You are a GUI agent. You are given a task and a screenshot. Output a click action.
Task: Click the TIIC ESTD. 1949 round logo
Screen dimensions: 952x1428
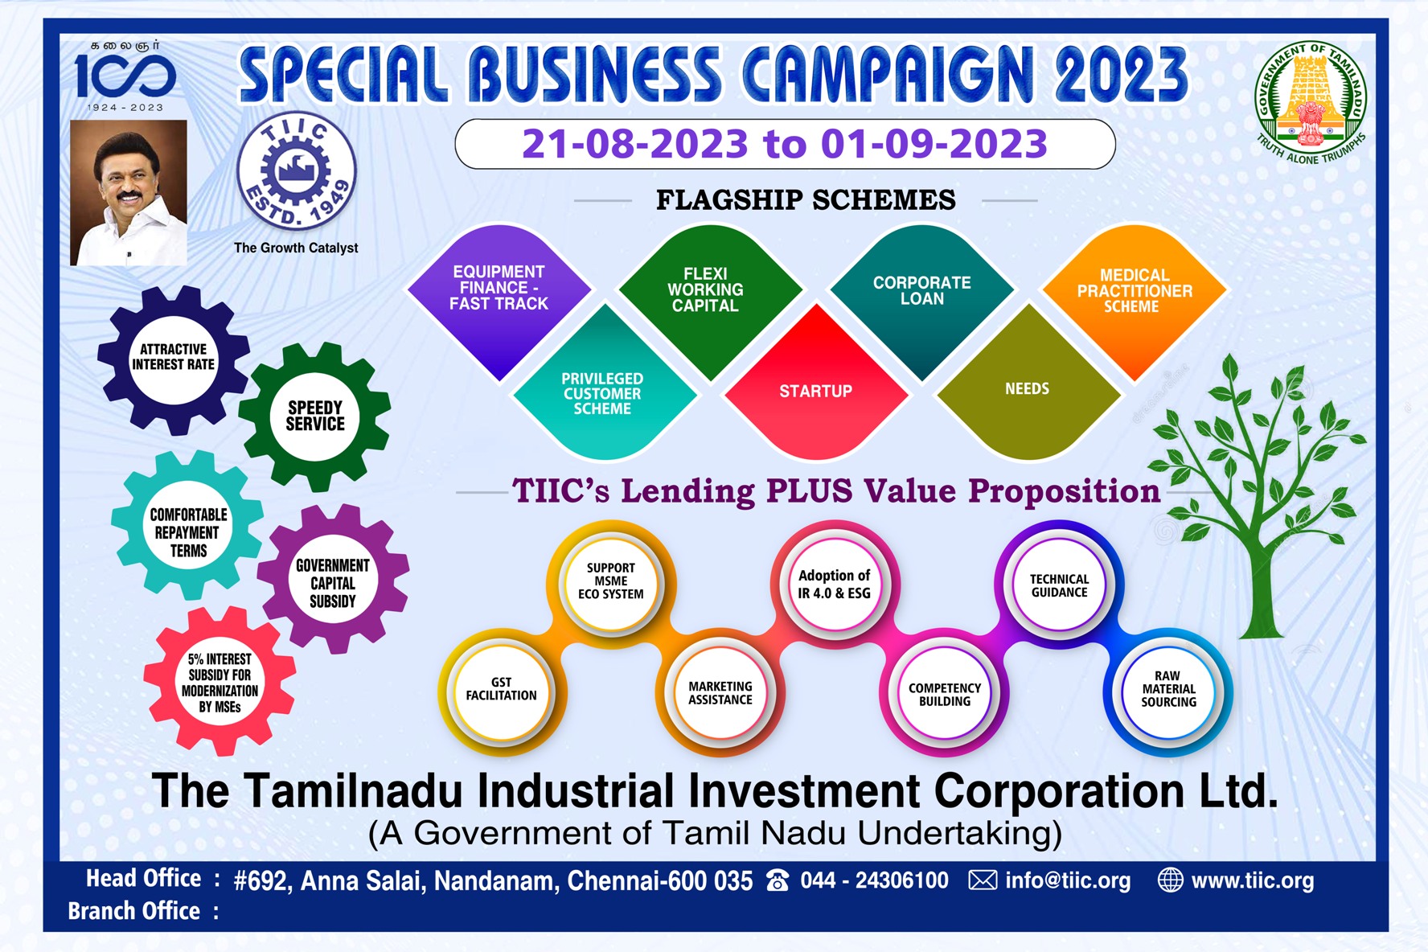296,171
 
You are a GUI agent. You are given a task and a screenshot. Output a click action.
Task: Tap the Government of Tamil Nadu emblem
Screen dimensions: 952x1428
1311,102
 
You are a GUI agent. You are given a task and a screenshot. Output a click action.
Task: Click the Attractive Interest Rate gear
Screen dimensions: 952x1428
173,358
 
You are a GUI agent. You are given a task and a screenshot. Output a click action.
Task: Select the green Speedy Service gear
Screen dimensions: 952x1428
315,416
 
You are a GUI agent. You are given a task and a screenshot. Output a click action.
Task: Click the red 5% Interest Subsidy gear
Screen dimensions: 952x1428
220,682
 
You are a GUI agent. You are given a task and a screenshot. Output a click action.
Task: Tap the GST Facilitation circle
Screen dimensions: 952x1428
502,690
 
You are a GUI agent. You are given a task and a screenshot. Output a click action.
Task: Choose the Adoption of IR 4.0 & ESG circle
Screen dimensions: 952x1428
834,585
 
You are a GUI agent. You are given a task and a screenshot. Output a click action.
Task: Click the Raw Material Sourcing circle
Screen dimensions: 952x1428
1168,690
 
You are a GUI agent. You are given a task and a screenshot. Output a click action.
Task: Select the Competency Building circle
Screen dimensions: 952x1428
945,694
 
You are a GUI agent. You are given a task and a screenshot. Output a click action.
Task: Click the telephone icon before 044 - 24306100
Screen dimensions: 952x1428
778,881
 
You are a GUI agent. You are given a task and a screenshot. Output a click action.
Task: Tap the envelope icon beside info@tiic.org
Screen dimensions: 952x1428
983,880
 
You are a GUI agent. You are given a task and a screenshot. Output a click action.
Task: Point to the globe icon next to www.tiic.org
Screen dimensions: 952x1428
1170,880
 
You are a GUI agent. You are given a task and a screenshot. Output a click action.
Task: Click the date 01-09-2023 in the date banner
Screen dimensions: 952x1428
934,145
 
